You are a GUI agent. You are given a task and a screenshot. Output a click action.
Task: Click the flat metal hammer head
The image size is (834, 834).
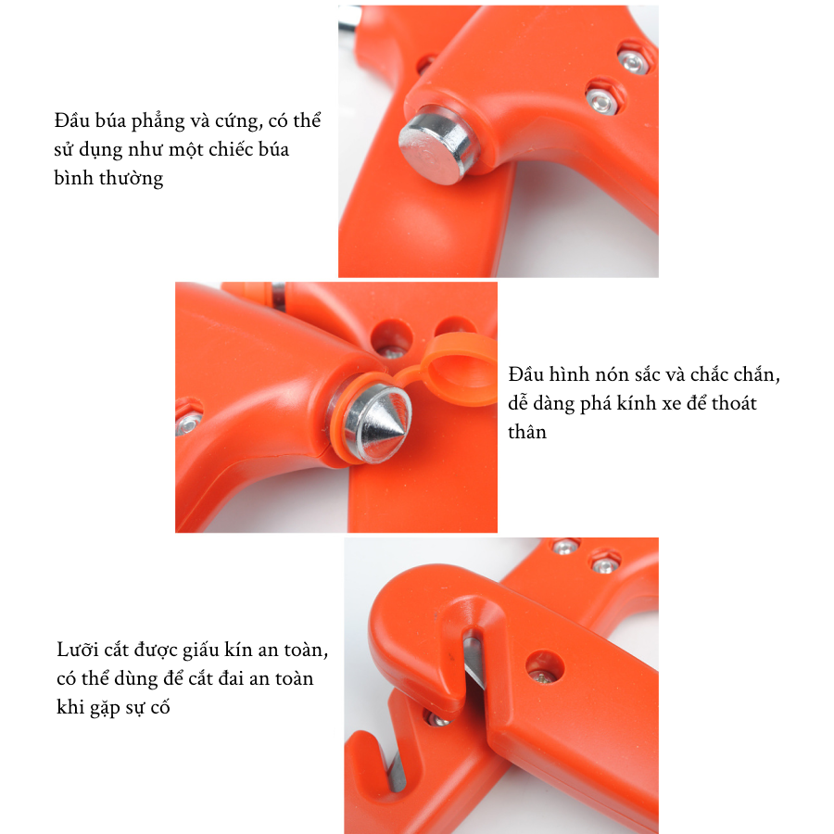(436, 145)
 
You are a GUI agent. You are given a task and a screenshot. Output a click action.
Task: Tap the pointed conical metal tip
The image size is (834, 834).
(377, 423)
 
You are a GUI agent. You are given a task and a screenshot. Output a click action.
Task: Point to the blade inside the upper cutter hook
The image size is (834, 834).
(474, 661)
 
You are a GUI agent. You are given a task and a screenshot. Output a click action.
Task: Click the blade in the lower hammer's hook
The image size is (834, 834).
(397, 772)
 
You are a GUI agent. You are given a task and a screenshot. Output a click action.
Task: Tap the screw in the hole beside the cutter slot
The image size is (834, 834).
(543, 676)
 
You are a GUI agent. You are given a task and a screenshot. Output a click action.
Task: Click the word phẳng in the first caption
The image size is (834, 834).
(158, 122)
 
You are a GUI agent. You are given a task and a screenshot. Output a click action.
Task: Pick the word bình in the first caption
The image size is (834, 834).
(74, 178)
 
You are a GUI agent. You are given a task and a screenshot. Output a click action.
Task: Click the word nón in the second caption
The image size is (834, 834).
(610, 375)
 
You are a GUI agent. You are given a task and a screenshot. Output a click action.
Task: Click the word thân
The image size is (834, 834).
(527, 432)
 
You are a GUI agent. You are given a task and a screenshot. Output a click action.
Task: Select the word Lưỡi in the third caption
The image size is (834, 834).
(77, 650)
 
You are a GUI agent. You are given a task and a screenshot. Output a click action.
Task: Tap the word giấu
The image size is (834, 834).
(200, 651)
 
